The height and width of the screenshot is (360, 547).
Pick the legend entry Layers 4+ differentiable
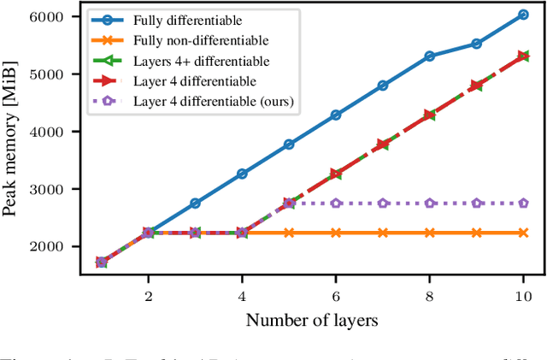pos(201,60)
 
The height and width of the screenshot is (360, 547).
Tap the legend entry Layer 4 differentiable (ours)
pos(214,101)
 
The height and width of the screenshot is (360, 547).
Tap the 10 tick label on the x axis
pos(523,295)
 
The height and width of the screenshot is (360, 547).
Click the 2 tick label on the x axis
pos(148,295)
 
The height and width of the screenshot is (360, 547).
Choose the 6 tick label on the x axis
pos(336,295)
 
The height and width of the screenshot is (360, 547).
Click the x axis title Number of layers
pos(312,320)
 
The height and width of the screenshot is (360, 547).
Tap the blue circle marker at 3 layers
pos(195,204)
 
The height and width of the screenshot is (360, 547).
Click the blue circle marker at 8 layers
pos(430,56)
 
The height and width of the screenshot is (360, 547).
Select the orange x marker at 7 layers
pos(383,233)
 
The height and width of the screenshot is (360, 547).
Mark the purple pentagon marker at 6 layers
pos(336,204)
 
